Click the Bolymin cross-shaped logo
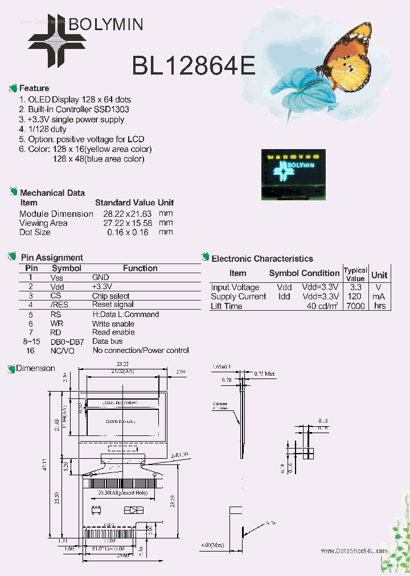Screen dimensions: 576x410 click(57, 40)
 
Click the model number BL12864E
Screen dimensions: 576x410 click(193, 66)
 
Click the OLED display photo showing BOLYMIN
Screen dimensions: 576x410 click(293, 174)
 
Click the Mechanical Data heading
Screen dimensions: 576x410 click(52, 193)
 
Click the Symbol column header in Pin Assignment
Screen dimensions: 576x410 click(67, 268)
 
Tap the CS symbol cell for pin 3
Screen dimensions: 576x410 click(55, 296)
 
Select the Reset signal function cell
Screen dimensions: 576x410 click(113, 305)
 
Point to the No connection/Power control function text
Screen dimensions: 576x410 click(141, 351)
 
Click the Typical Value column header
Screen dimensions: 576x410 click(355, 274)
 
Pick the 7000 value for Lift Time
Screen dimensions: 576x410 click(355, 306)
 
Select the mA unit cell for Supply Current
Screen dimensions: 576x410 click(379, 297)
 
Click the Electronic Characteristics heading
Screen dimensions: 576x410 click(262, 259)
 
